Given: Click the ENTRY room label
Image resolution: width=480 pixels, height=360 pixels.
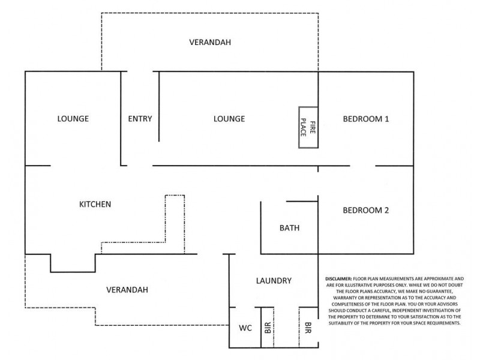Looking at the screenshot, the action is [140, 119].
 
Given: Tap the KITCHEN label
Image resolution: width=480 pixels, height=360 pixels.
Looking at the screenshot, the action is [95, 204].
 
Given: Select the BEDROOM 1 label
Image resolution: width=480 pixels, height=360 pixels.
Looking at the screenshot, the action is [366, 119].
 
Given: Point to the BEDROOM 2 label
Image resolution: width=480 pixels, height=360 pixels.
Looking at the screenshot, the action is [366, 211].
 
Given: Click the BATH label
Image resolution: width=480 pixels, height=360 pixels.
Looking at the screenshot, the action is [289, 228].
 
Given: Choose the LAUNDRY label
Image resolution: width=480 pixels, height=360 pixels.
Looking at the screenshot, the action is [274, 281].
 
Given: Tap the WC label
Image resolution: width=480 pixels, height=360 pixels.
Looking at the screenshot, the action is [245, 328].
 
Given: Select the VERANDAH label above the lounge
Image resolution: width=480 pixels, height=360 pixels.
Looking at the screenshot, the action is [210, 42].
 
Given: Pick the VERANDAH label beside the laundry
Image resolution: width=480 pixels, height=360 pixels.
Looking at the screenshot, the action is [127, 290].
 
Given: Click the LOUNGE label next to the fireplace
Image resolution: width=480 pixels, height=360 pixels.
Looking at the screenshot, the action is [229, 119].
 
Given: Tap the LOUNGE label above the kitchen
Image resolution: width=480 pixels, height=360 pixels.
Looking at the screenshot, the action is [73, 119].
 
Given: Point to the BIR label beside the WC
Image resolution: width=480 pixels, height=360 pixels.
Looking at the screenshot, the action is [268, 328].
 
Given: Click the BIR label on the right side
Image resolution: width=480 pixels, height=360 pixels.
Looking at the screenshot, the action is [308, 328].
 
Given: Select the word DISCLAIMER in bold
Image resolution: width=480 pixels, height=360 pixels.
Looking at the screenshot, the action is [338, 279].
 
